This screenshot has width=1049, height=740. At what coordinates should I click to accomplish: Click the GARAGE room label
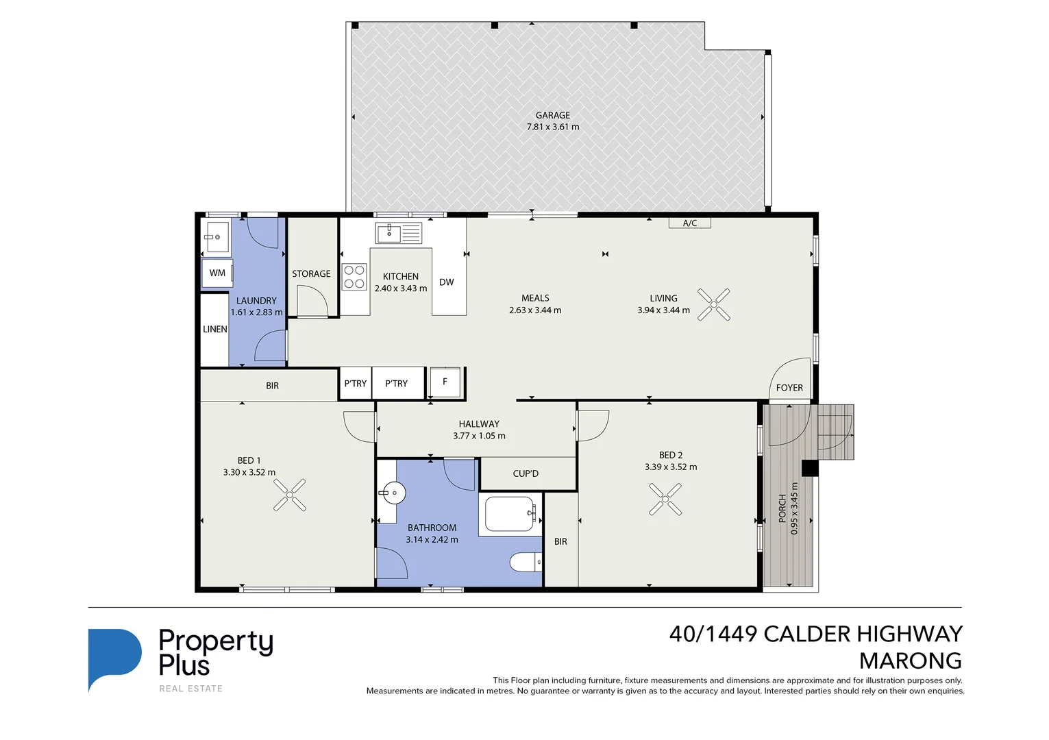click(x=552, y=115)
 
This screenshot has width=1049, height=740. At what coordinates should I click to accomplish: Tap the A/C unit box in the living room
click(x=689, y=223)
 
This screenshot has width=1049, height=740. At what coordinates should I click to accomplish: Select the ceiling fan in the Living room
click(x=713, y=304)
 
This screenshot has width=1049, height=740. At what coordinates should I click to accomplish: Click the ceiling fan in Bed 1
click(x=289, y=495)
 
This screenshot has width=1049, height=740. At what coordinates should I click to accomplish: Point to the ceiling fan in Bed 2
click(x=665, y=499)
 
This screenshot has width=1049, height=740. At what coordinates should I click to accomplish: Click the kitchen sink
click(x=398, y=233)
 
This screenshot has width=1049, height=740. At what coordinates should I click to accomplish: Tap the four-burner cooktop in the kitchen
click(x=354, y=277)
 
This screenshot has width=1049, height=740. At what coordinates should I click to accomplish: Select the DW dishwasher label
click(x=446, y=282)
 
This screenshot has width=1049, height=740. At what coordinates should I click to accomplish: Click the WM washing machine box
click(x=217, y=273)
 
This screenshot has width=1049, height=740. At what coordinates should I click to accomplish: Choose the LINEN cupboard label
click(x=214, y=330)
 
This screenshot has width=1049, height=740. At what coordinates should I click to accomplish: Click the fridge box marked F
click(x=445, y=382)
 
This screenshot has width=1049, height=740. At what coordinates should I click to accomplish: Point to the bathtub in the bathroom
click(x=509, y=514)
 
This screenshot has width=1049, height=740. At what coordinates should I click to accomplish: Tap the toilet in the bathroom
click(x=526, y=563)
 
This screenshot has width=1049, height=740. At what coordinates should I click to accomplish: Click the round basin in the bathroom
click(x=394, y=493)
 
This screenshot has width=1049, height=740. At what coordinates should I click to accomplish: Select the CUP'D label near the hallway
click(x=526, y=473)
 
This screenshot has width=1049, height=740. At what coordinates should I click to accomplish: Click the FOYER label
click(x=789, y=388)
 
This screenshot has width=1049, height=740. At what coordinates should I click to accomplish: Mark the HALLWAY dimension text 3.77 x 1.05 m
click(x=479, y=436)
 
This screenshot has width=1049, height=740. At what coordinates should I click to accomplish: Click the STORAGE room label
click(x=311, y=273)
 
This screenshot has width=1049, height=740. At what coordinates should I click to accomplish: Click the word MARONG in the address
click(x=910, y=661)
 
